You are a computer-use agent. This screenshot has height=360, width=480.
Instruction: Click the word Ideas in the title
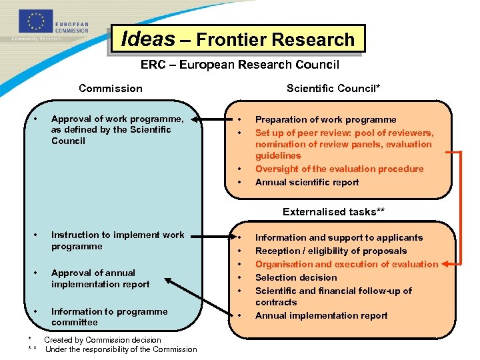tap(148, 39)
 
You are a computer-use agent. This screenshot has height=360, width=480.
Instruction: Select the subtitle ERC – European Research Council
tap(239, 65)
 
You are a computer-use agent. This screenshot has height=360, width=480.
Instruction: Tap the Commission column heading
tap(110, 88)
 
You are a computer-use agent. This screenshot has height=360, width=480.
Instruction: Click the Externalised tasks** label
tap(333, 212)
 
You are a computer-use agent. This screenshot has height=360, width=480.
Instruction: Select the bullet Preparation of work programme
tap(325, 119)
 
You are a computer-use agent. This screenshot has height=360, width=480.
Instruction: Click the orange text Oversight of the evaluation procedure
tap(339, 169)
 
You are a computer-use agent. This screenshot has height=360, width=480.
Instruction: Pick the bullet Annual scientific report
tap(307, 182)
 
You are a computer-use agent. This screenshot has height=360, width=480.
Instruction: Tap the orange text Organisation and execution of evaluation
tap(347, 264)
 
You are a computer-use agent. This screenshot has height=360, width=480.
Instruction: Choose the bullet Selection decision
tap(296, 277)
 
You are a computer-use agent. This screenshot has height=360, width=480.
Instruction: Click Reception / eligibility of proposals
tap(331, 251)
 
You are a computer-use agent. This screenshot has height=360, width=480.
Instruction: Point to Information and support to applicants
tap(339, 237)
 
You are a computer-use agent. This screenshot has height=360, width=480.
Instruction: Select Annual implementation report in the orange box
tap(321, 315)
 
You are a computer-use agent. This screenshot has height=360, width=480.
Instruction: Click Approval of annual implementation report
tap(100, 278)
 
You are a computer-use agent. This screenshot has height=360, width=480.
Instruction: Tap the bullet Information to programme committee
tap(109, 317)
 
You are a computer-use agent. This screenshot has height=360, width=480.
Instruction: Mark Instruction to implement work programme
tap(117, 240)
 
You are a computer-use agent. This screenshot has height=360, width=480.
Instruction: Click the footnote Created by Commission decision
tap(103, 340)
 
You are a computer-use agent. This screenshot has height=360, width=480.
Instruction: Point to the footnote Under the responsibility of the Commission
tap(121, 349)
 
